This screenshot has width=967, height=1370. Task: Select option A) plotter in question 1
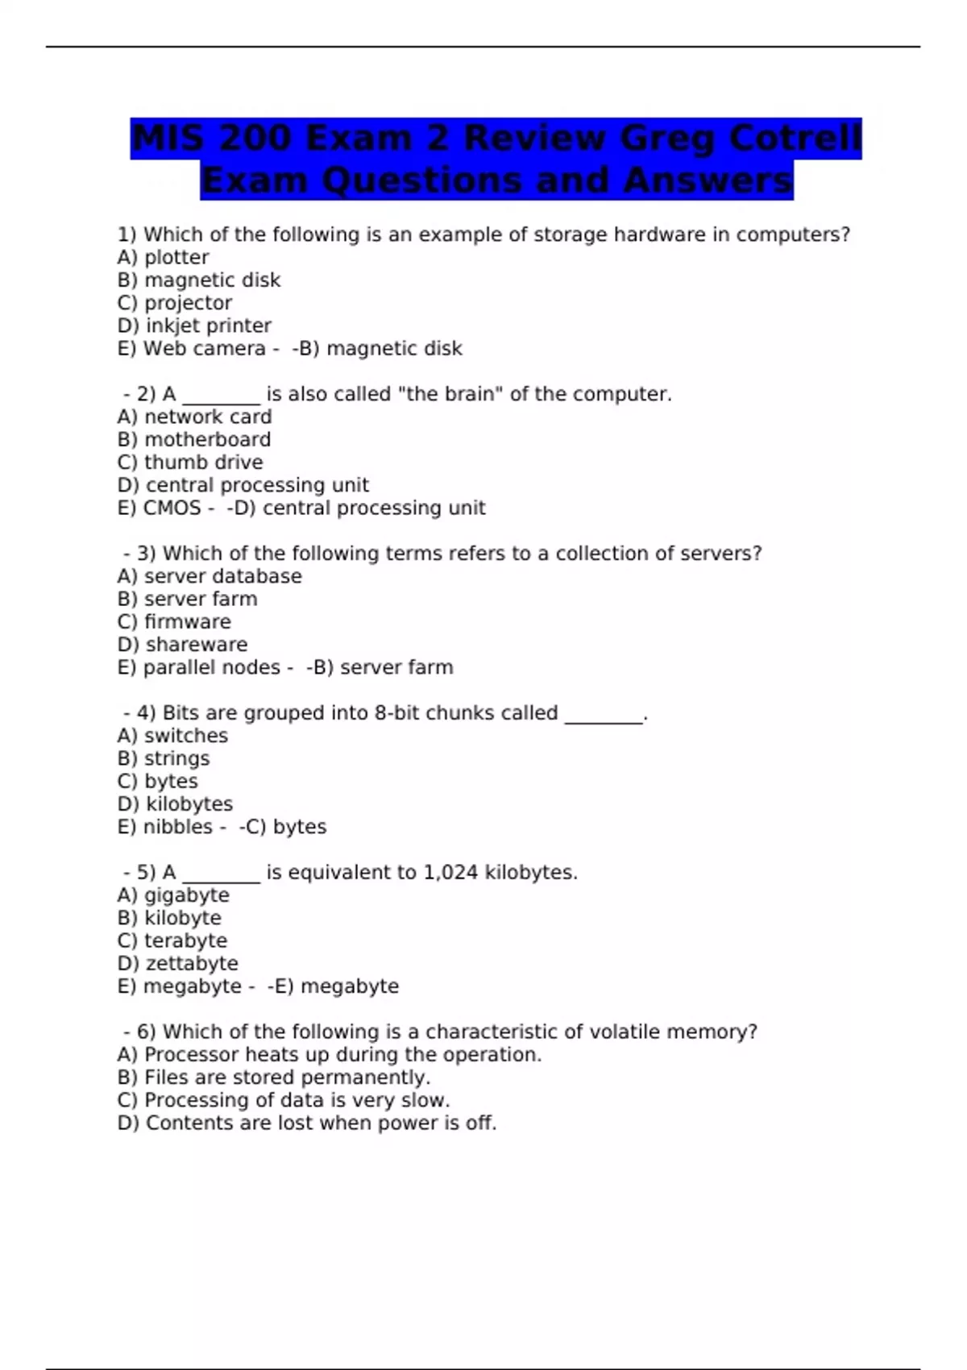(163, 258)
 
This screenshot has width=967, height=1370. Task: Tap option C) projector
(174, 303)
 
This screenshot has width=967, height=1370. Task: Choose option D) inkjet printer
(193, 326)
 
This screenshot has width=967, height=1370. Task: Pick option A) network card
(194, 417)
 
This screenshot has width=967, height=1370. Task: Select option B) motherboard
(193, 440)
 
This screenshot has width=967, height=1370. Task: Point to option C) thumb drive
(189, 463)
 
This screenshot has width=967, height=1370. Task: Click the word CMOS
(172, 509)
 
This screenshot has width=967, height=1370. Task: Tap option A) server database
(210, 577)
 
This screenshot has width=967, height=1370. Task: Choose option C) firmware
(174, 622)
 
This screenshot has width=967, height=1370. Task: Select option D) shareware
(182, 645)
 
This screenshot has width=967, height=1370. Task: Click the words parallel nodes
(211, 668)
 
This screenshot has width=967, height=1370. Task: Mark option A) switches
(172, 736)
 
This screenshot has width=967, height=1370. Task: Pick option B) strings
(163, 759)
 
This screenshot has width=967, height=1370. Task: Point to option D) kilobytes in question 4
(175, 804)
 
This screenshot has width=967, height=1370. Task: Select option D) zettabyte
(177, 964)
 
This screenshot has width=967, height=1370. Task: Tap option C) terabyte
(172, 941)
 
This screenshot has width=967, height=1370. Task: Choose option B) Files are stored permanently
(274, 1077)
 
